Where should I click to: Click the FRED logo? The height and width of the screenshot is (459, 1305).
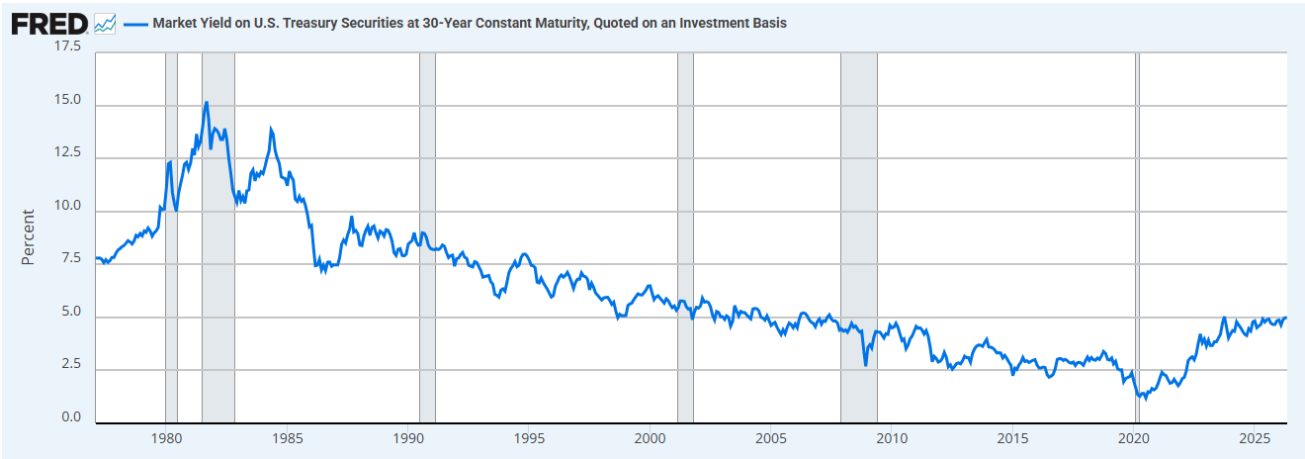[49, 24]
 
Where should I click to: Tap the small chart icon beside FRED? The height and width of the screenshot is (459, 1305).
[105, 24]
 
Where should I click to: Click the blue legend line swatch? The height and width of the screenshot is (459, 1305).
[135, 24]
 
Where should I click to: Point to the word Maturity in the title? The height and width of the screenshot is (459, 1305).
[560, 24]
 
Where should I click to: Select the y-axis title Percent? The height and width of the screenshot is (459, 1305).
[28, 236]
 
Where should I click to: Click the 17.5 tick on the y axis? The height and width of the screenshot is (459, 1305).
[67, 46]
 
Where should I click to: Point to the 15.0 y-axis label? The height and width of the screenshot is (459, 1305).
[67, 100]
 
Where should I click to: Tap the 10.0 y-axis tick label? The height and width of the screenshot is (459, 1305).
[67, 206]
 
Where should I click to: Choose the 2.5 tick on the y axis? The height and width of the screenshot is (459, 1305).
[71, 364]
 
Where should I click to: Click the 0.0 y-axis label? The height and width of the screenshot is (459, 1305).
[71, 417]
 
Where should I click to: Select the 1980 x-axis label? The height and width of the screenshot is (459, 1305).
[167, 438]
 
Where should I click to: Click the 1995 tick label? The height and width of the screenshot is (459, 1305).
[529, 438]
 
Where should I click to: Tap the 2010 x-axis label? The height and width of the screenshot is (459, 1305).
[892, 438]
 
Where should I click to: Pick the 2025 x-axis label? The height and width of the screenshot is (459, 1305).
[1255, 438]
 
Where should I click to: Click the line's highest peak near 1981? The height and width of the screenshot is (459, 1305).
[207, 103]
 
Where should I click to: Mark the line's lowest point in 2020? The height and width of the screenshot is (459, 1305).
[1146, 399]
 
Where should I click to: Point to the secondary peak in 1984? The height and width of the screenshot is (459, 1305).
[271, 129]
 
